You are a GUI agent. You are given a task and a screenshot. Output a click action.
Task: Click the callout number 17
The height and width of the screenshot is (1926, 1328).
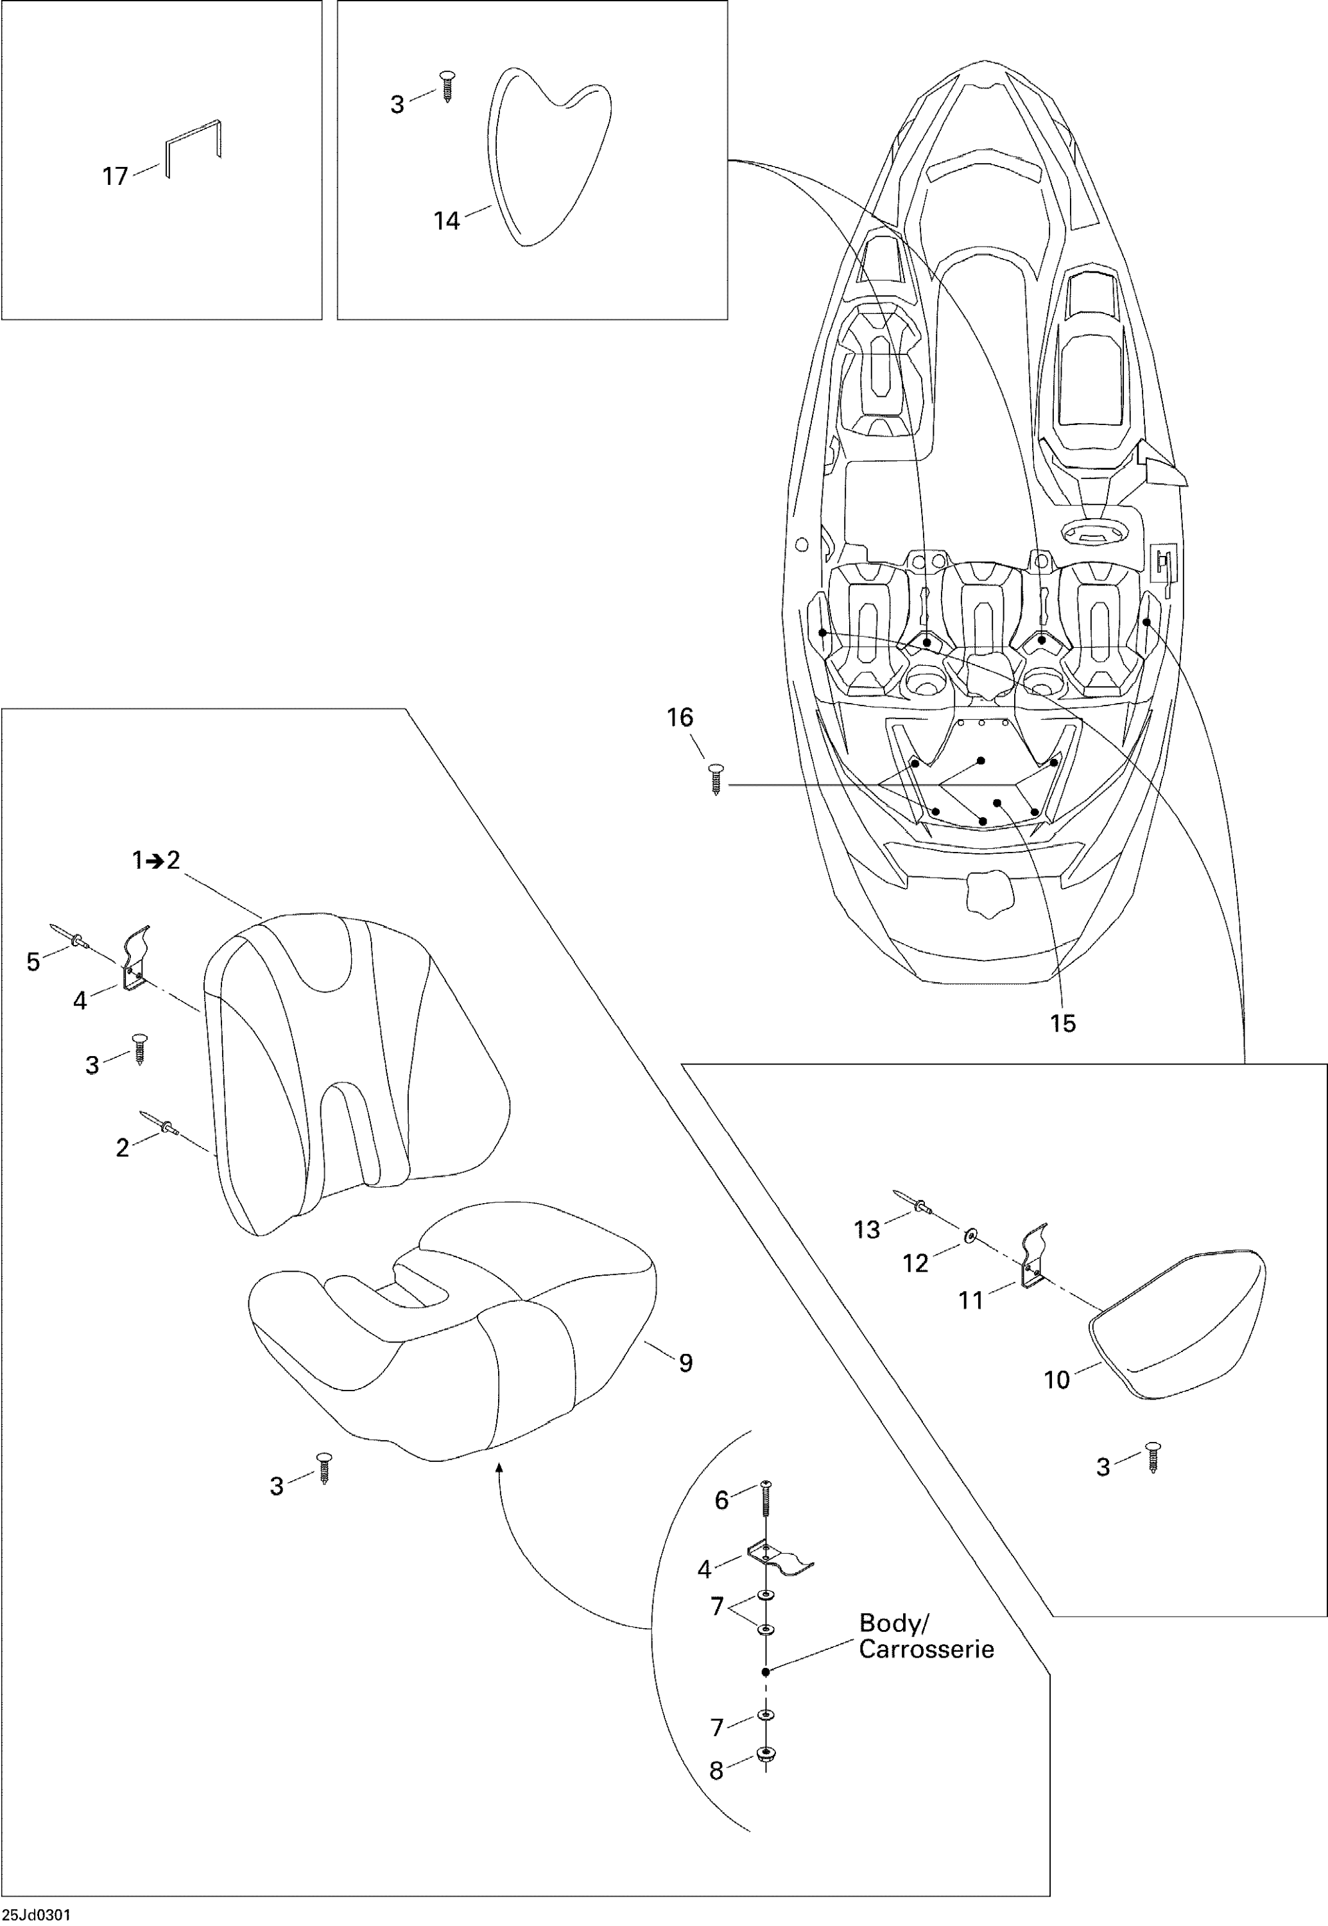point(115,177)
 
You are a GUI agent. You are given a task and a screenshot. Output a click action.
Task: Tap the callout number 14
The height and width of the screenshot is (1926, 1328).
point(446,221)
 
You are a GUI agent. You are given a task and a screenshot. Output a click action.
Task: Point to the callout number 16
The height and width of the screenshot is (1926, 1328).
point(680,718)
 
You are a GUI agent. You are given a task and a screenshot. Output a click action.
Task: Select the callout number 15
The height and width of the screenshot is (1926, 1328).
point(1062,1023)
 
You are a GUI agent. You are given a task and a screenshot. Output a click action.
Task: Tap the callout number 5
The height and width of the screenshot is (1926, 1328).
point(33,962)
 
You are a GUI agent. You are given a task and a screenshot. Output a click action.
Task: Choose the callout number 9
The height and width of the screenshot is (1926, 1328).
point(685,1362)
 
